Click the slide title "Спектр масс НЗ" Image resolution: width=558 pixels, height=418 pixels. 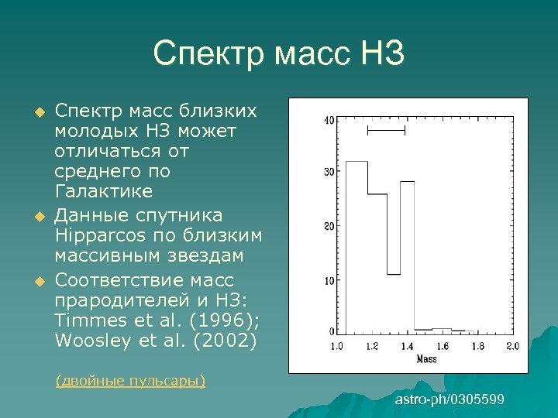tap(278, 54)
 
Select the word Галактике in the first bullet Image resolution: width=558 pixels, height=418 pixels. tap(104, 191)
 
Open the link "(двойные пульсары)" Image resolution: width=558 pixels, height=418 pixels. tap(130, 380)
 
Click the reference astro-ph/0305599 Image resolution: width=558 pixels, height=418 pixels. tap(449, 399)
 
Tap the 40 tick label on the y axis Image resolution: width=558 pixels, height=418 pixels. tap(329, 120)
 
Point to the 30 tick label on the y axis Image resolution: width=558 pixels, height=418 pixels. tap(329, 171)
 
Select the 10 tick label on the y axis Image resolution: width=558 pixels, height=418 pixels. tap(329, 280)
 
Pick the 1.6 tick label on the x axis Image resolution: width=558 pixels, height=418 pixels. tap(443, 345)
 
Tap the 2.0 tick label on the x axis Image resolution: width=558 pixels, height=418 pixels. tap(512, 345)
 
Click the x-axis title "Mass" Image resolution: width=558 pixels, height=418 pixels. tap(425, 358)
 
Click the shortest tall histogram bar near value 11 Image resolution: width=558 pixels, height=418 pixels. tap(394, 302)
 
